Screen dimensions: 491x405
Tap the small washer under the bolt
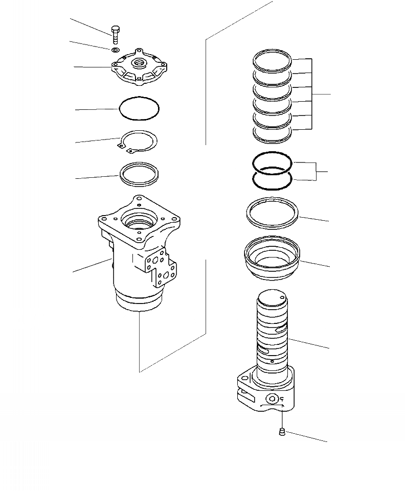115,50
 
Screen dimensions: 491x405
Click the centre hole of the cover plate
139,63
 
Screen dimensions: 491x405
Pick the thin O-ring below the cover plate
139,109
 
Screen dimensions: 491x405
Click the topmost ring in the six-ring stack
273,60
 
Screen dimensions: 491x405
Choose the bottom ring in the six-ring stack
273,133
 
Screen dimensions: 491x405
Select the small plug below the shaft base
281,433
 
